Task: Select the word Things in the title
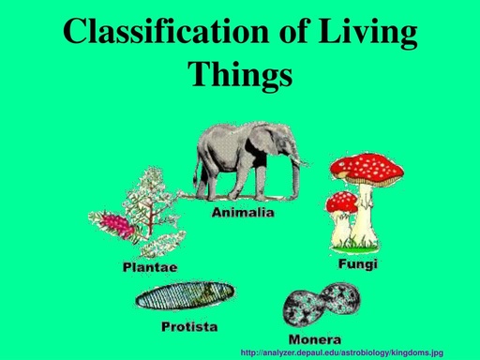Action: pos(240,72)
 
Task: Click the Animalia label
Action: pos(242,214)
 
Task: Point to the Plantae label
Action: pos(150,267)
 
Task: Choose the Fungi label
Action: pos(357,265)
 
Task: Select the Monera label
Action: pos(314,337)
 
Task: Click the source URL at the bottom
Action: pos(341,352)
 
